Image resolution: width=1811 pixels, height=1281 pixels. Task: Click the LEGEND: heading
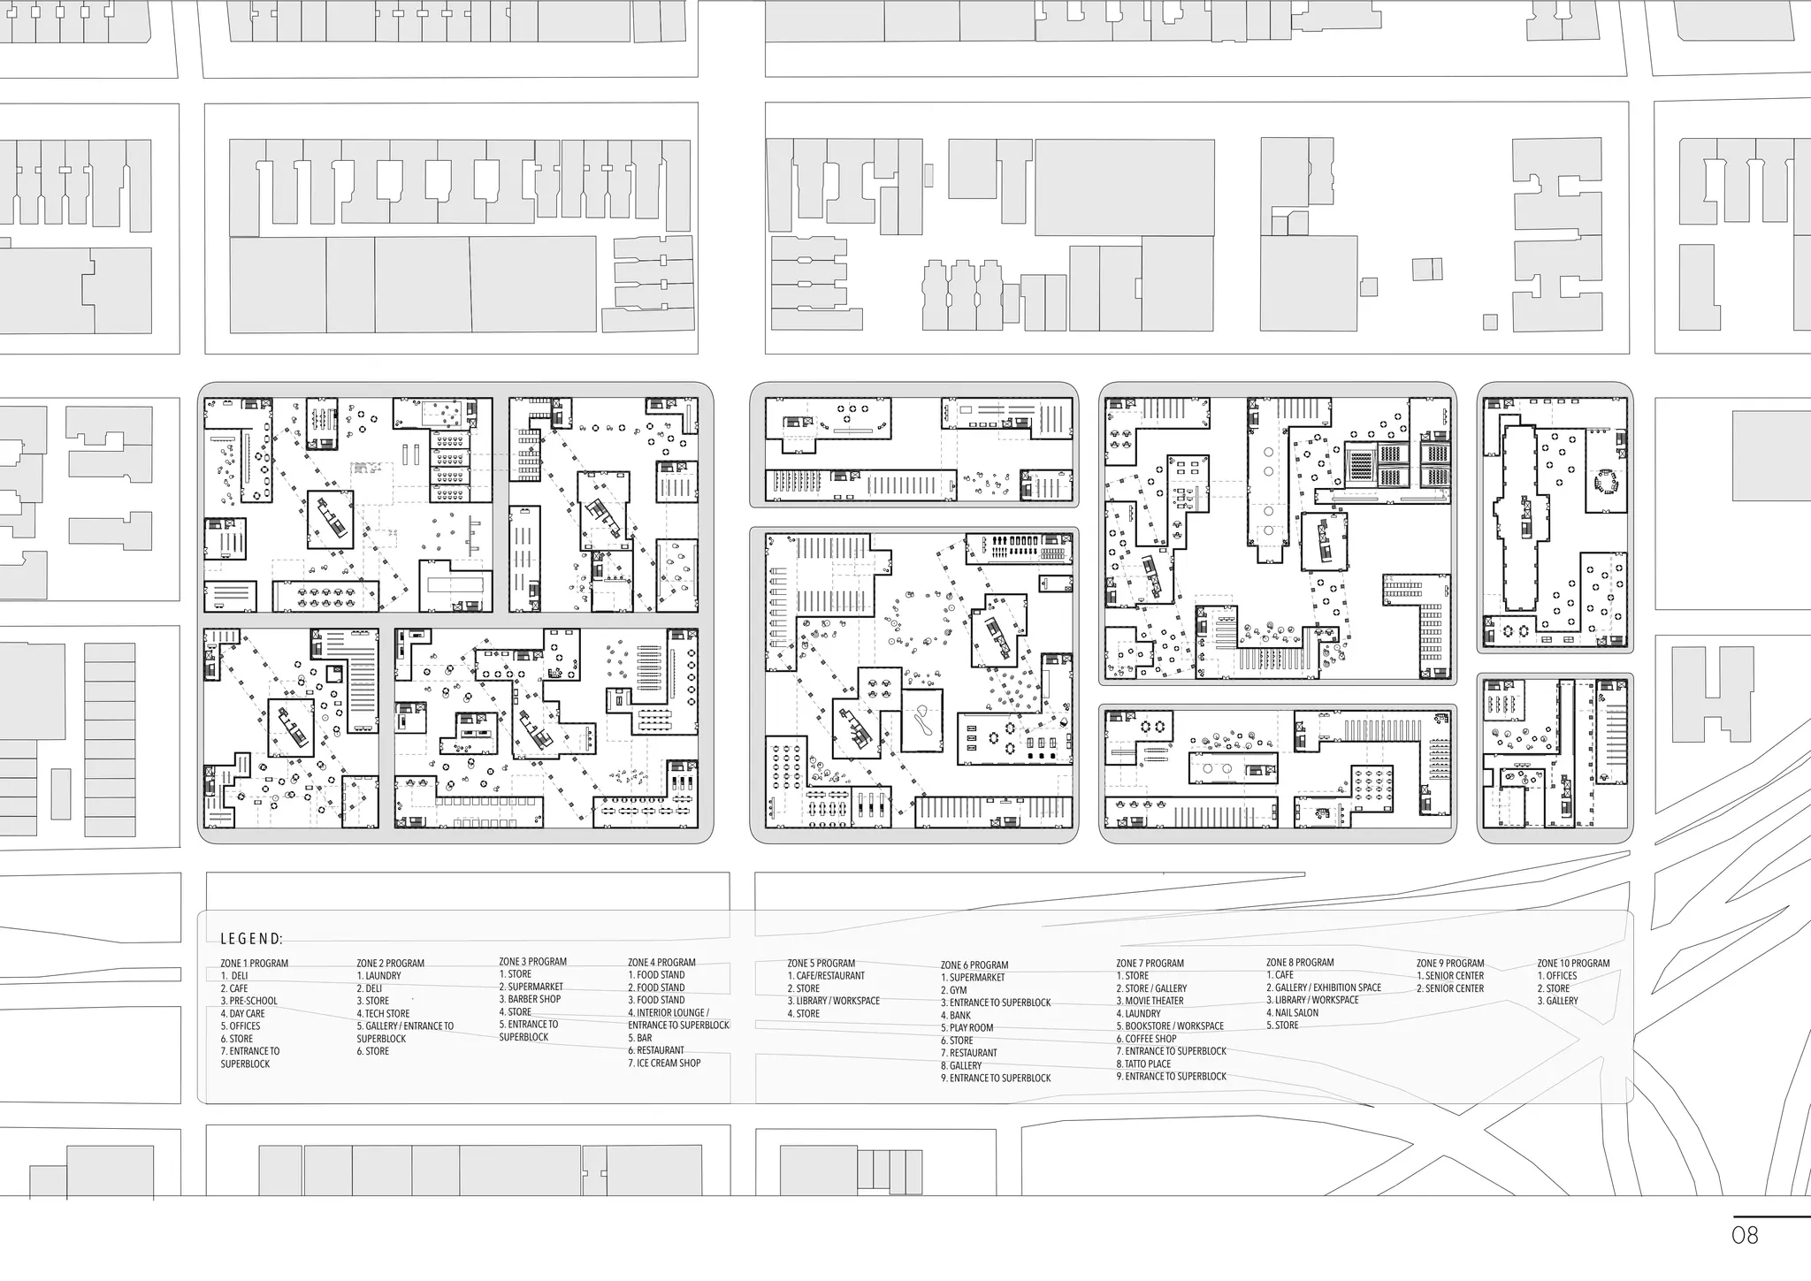point(252,939)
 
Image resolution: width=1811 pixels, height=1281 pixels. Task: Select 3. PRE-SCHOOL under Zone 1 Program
point(248,1001)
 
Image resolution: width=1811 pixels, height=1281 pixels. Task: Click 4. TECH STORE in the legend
point(383,1013)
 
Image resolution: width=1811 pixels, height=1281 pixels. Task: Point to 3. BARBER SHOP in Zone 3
point(530,999)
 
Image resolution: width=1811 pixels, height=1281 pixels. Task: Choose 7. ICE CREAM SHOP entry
point(664,1063)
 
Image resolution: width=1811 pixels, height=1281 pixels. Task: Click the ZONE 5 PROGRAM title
point(821,963)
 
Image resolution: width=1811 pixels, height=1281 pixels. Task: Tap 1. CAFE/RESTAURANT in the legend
point(826,976)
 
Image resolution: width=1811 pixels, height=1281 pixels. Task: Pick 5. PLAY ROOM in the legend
point(967,1027)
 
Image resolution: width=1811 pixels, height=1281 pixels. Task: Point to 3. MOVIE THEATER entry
point(1150,1001)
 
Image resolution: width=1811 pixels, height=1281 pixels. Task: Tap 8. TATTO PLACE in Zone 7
point(1143,1064)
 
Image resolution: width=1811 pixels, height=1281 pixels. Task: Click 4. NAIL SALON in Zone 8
point(1292,1012)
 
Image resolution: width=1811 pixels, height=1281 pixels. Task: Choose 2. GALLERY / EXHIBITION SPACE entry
point(1323,987)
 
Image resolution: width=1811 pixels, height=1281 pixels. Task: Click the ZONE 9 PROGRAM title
point(1449,963)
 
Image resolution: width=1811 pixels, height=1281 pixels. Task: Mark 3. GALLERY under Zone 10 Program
point(1557,1001)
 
